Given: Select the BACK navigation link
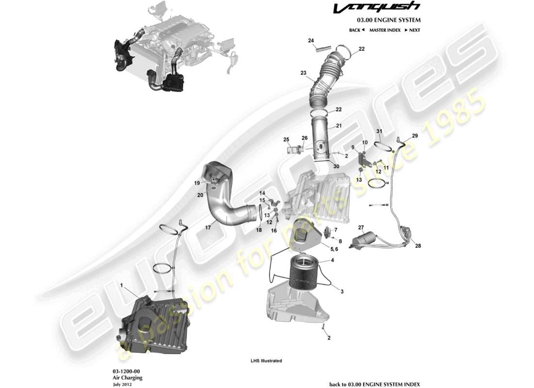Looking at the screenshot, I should coord(356,30).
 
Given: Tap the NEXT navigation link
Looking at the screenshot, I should coord(412,30).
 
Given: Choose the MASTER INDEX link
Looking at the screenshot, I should coord(384,30).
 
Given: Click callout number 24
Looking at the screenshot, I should coord(311,40).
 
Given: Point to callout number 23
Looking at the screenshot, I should coord(303,73).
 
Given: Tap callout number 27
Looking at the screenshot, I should coord(361,227).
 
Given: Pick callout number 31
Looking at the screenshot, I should coord(379,132).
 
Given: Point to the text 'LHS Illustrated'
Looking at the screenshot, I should coord(266,361).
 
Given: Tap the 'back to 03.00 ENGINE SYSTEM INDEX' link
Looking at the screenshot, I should coord(375,384).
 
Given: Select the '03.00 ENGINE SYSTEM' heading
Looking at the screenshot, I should coord(389,20).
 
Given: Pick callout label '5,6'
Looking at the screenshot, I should coord(334,249).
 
